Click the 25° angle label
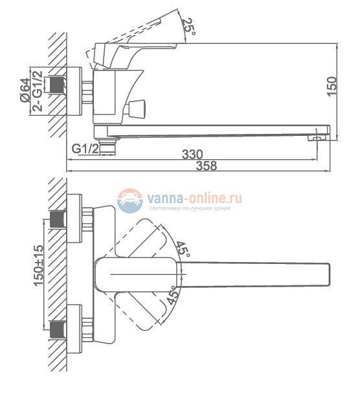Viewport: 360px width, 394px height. click(x=188, y=27)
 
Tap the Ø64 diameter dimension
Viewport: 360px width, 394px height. click(x=25, y=90)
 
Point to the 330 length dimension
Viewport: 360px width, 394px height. click(x=192, y=154)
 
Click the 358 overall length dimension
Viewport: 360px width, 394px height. click(x=206, y=166)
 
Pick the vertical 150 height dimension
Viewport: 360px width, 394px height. click(x=332, y=86)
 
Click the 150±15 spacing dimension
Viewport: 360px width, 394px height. click(x=39, y=266)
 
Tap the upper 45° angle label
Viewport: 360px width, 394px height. click(x=183, y=249)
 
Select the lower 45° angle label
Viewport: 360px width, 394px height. click(x=174, y=295)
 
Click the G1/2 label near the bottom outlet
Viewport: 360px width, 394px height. click(x=85, y=149)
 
